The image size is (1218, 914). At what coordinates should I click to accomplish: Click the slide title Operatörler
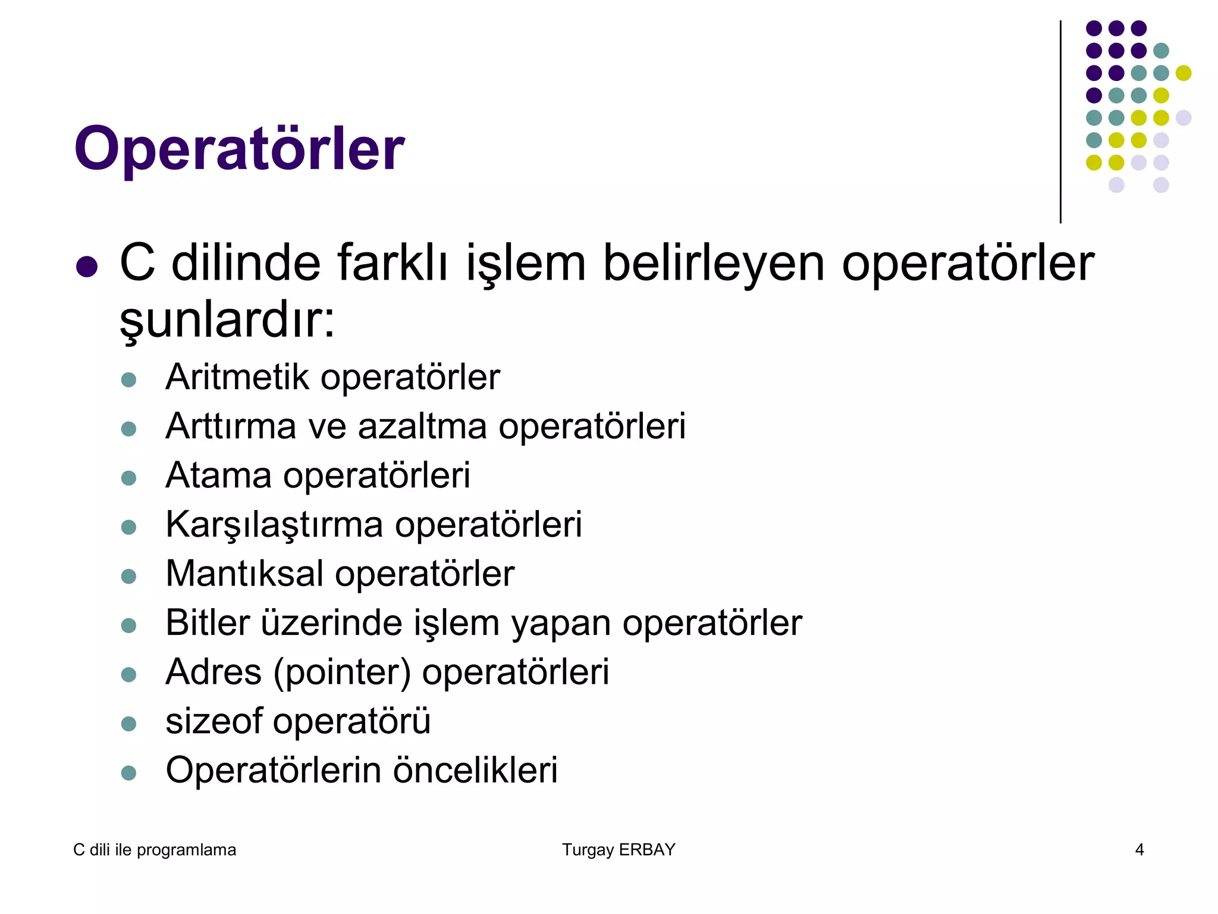(239, 149)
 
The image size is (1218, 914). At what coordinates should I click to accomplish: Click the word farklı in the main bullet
(393, 263)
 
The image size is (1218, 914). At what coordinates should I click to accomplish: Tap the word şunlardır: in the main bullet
(228, 320)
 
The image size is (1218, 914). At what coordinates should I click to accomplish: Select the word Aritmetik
(237, 377)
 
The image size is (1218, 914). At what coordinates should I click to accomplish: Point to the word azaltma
(423, 427)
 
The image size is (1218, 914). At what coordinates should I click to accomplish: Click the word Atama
(218, 475)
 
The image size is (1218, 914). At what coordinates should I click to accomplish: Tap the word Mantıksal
(244, 574)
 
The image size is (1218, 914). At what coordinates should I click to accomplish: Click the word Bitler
(208, 623)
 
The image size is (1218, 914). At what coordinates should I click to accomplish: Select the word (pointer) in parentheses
(342, 672)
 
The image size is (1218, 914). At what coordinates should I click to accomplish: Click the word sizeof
(214, 721)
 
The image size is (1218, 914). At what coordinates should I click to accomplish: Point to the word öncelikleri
(475, 771)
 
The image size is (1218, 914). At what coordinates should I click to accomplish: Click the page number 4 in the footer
(1139, 850)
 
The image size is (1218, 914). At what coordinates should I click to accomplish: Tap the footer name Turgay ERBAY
(619, 850)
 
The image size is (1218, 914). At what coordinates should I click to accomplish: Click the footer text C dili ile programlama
(155, 850)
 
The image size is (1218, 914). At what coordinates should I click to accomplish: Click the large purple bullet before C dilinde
(87, 267)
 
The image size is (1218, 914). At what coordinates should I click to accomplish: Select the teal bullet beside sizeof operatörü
(128, 724)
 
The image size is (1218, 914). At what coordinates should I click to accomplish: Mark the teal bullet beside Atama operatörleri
(128, 478)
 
